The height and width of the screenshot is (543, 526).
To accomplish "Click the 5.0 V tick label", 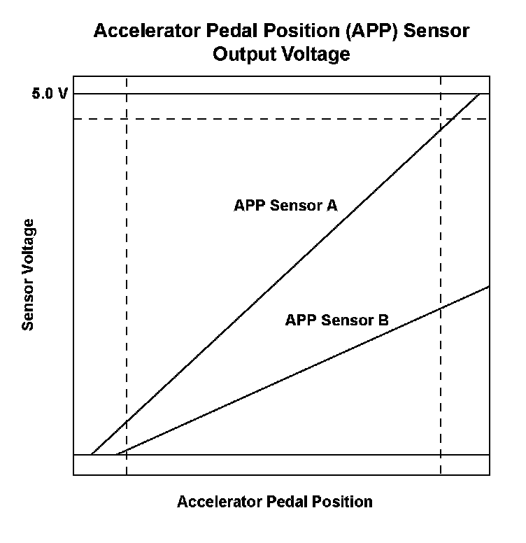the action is pyautogui.click(x=49, y=94).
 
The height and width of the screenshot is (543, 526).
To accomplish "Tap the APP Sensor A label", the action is pyautogui.click(x=285, y=206).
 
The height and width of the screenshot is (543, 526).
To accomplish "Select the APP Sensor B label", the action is pyautogui.click(x=336, y=320).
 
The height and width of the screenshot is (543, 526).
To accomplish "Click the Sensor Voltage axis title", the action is pyautogui.click(x=29, y=274).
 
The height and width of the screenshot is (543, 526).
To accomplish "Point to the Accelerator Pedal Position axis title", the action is pyautogui.click(x=274, y=502).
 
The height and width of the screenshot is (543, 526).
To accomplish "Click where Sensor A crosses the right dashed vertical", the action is pyautogui.click(x=441, y=129).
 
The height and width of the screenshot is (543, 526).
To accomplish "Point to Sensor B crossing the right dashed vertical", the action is pyautogui.click(x=441, y=308).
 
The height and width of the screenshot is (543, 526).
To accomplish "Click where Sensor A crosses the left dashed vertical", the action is pyautogui.click(x=127, y=423).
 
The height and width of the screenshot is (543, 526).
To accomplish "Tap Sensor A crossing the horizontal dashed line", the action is pyautogui.click(x=452, y=118).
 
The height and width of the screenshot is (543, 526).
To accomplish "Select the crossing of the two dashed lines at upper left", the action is pyautogui.click(x=127, y=118).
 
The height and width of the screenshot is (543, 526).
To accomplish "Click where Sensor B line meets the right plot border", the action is pyautogui.click(x=489, y=286).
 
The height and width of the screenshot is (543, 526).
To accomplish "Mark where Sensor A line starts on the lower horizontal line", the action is pyautogui.click(x=92, y=455).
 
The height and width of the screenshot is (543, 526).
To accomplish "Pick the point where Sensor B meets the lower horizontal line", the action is pyautogui.click(x=116, y=455).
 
